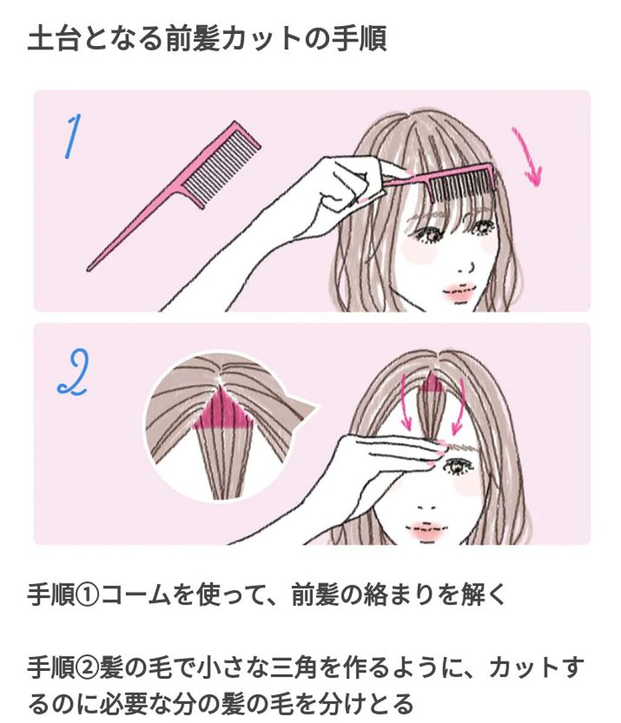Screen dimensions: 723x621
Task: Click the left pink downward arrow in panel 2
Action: (408, 402)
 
